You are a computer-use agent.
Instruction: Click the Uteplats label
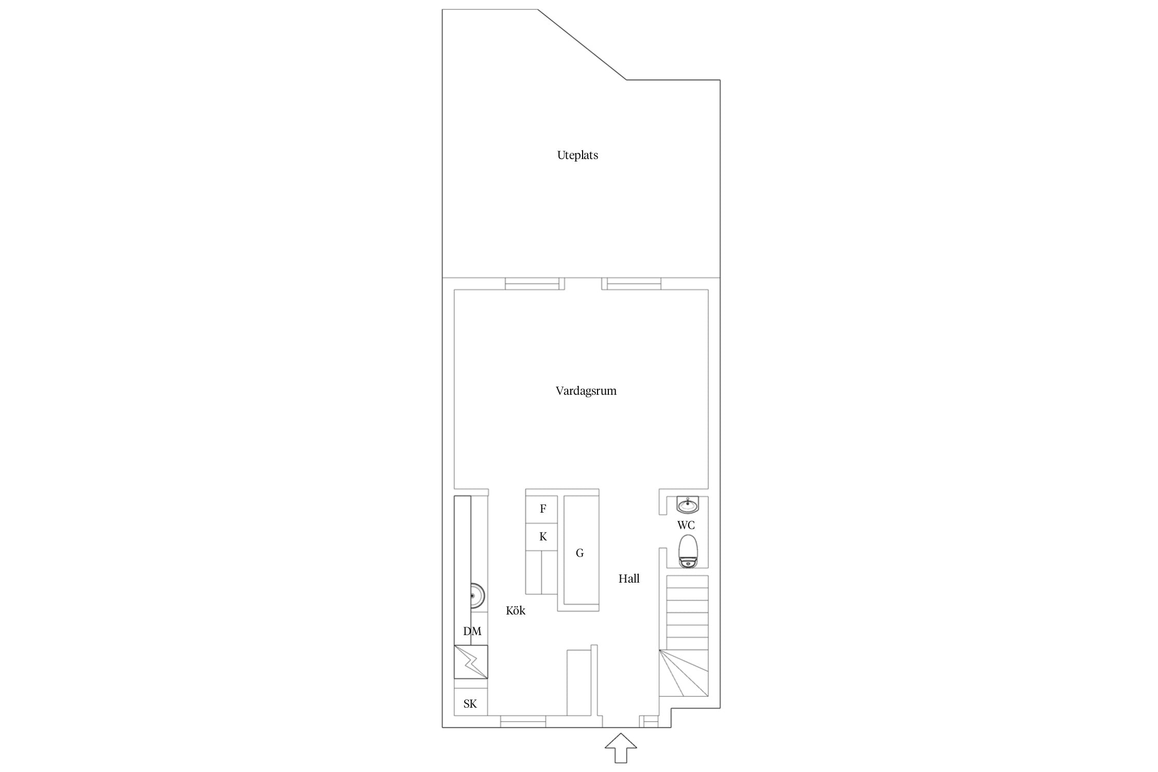pyautogui.click(x=577, y=155)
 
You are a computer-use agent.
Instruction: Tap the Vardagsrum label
pyautogui.click(x=586, y=391)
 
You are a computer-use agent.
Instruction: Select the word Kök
pyautogui.click(x=516, y=611)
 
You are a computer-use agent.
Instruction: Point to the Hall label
pyautogui.click(x=629, y=579)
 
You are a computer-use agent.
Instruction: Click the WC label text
pyautogui.click(x=686, y=525)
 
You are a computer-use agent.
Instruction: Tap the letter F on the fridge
pyautogui.click(x=543, y=509)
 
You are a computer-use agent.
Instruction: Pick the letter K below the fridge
pyautogui.click(x=543, y=537)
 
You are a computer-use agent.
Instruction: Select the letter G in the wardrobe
pyautogui.click(x=580, y=553)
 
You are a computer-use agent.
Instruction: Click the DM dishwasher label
pyautogui.click(x=472, y=631)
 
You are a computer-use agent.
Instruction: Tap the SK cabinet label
pyautogui.click(x=470, y=704)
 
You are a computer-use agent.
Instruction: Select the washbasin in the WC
pyautogui.click(x=688, y=505)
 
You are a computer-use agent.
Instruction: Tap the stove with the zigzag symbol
pyautogui.click(x=471, y=662)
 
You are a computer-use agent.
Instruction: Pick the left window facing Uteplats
pyautogui.click(x=532, y=284)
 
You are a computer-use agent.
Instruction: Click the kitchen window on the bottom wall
pyautogui.click(x=523, y=722)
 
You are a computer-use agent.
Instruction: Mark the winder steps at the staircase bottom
pyautogui.click(x=684, y=673)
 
